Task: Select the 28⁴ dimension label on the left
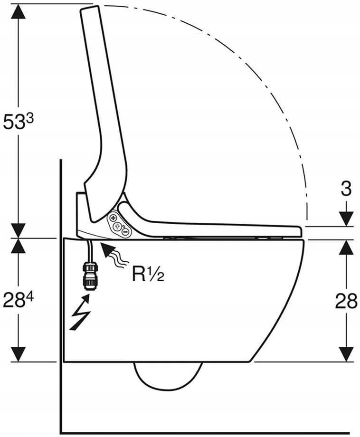[x=19, y=300]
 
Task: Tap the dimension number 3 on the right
[x=346, y=189]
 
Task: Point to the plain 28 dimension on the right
[x=346, y=301]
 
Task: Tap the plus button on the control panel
[x=114, y=218]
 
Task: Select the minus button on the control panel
[x=125, y=231]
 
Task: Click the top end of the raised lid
[x=90, y=8]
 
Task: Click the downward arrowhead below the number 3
[x=346, y=219]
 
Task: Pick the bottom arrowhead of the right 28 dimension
[x=346, y=354]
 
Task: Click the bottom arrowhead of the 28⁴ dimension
[x=19, y=354]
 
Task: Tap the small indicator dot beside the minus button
[x=123, y=227]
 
